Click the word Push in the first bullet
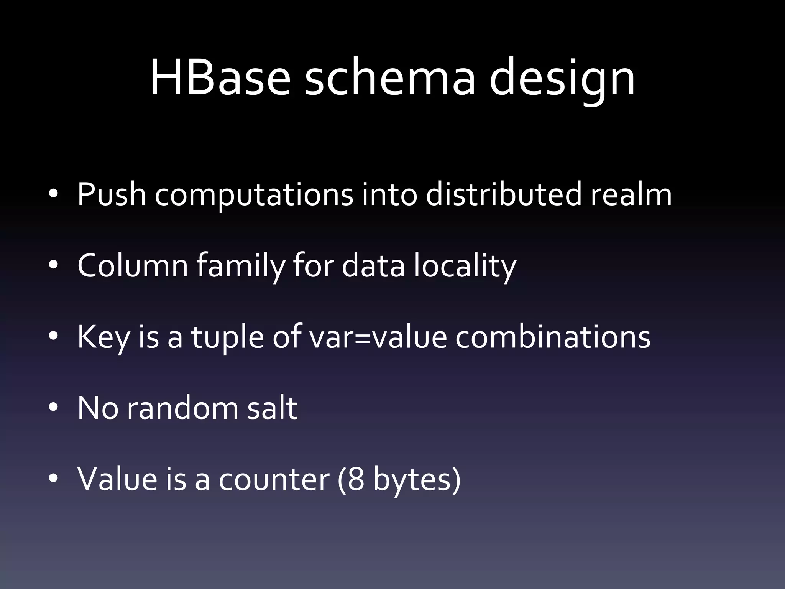tap(112, 194)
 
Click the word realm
tap(631, 194)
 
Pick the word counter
tap(274, 480)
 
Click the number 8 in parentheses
tap(356, 479)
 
